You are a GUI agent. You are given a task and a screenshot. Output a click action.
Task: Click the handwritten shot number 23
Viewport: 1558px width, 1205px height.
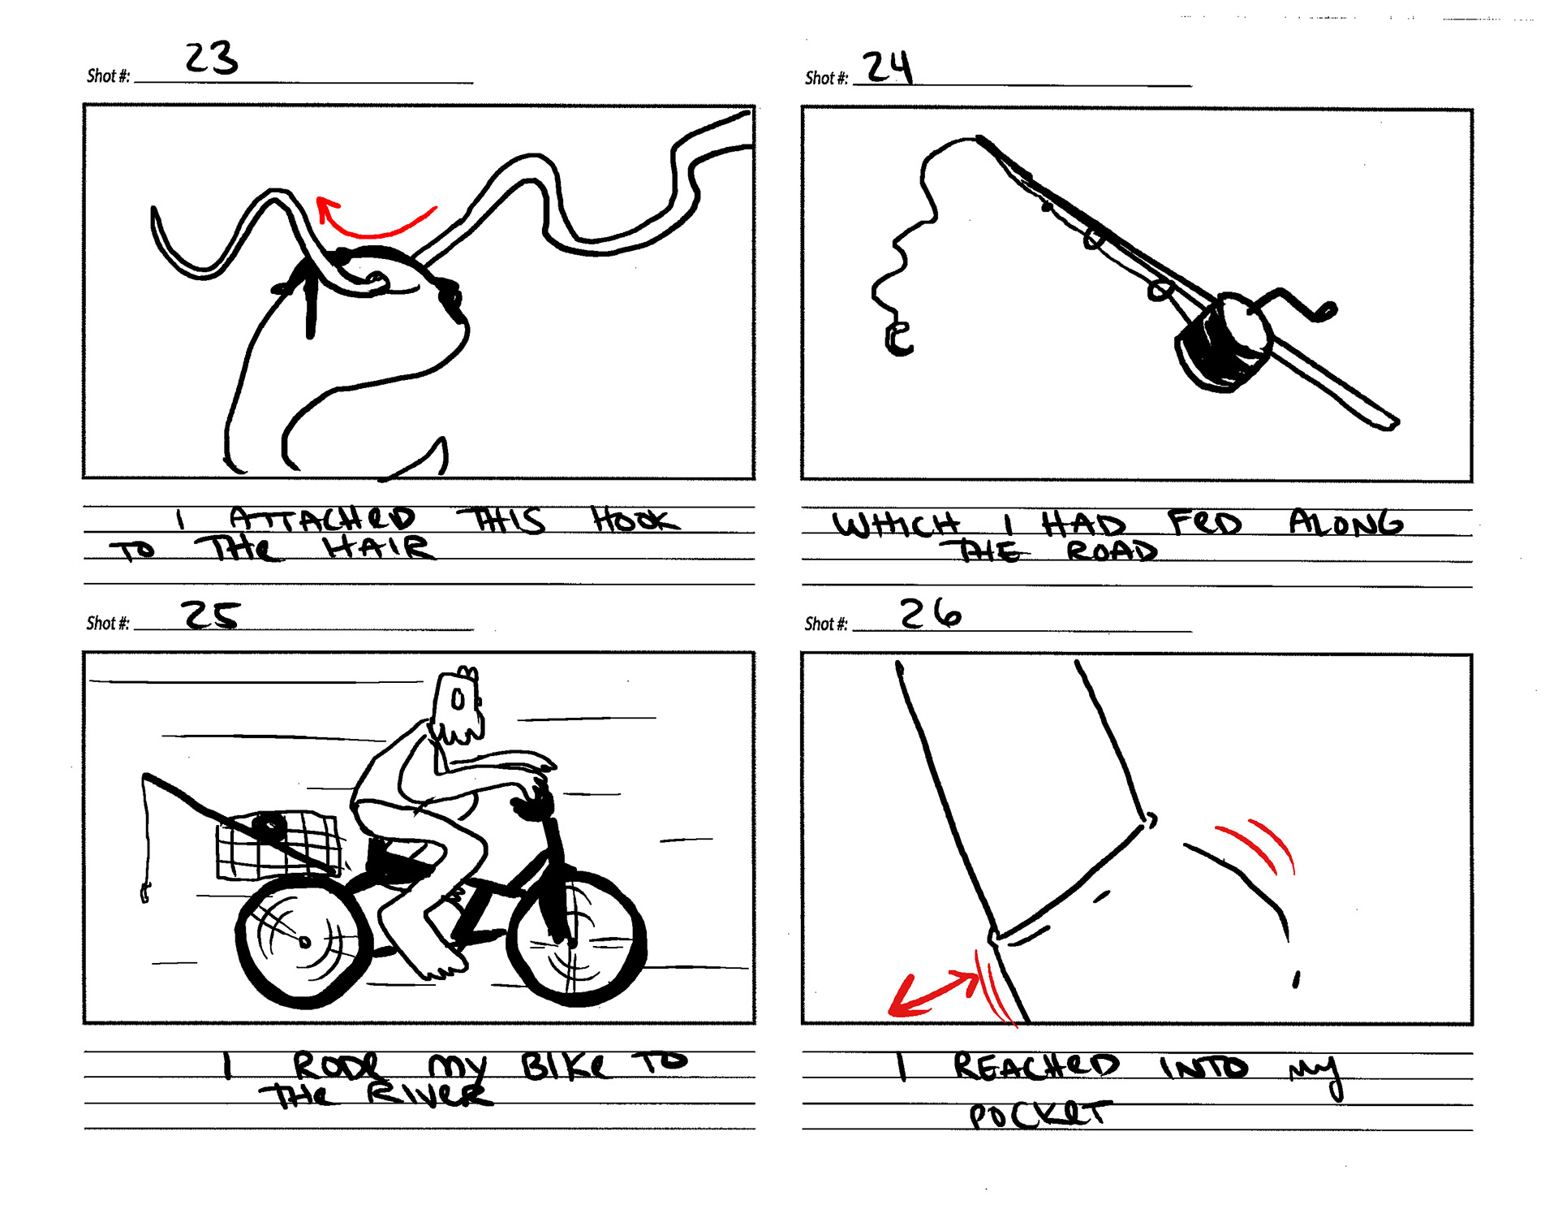211,58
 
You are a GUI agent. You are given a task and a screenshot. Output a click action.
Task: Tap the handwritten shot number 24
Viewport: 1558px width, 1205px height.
887,67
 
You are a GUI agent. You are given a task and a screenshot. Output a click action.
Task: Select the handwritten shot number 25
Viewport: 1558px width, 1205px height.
210,615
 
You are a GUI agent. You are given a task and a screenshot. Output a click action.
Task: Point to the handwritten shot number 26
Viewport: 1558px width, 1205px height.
931,613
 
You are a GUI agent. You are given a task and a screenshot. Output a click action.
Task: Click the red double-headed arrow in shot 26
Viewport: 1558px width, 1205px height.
933,994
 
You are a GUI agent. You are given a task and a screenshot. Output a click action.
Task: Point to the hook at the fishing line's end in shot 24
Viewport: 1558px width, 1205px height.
897,339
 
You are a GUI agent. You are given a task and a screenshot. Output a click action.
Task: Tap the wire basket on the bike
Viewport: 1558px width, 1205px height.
278,844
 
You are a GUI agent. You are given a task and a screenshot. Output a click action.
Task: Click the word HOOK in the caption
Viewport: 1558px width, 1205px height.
635,520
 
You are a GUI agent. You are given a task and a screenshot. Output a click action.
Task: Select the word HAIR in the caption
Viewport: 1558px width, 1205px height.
378,548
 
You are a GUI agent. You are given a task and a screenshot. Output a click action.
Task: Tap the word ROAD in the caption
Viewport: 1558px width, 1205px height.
1112,551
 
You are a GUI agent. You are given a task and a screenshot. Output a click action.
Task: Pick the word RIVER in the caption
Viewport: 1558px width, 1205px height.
429,1095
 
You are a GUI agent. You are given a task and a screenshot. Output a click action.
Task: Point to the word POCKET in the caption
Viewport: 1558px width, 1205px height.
1039,1115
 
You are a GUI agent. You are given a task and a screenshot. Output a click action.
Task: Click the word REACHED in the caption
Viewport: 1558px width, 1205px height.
1035,1066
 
